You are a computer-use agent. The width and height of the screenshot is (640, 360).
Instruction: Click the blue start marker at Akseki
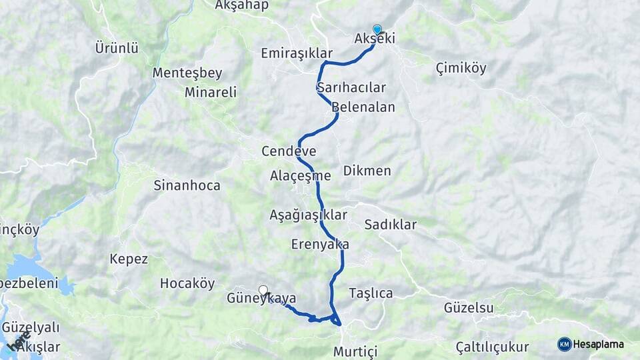pyautogui.click(x=377, y=29)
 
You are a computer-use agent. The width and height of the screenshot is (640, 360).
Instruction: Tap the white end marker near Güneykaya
pyautogui.click(x=263, y=290)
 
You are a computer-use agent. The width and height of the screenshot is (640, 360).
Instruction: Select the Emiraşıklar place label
pyautogui.click(x=297, y=53)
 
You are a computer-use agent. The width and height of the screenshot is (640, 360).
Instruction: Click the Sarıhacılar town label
pyautogui.click(x=351, y=88)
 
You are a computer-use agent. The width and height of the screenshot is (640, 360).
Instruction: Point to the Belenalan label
pyautogui.click(x=363, y=107)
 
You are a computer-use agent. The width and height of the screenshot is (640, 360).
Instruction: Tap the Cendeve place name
pyautogui.click(x=289, y=151)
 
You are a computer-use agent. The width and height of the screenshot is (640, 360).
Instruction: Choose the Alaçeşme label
pyautogui.click(x=301, y=176)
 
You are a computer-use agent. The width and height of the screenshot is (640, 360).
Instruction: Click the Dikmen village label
pyautogui.click(x=367, y=171)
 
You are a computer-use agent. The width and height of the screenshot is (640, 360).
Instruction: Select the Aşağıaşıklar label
pyautogui.click(x=309, y=215)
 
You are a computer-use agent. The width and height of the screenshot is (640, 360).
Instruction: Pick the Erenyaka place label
pyautogui.click(x=320, y=245)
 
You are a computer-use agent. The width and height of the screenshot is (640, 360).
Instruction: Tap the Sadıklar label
pyautogui.click(x=390, y=225)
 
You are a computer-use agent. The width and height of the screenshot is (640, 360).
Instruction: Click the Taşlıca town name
pyautogui.click(x=371, y=293)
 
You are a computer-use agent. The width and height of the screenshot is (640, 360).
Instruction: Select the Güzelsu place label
pyautogui.click(x=469, y=307)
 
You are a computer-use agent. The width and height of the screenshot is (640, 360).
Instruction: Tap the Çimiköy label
pyautogui.click(x=461, y=68)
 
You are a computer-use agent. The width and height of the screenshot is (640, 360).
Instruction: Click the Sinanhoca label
pyautogui.click(x=187, y=185)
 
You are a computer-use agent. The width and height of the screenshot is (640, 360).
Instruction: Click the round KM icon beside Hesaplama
pyautogui.click(x=565, y=344)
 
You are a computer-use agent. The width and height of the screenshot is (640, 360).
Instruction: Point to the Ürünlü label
pyautogui.click(x=117, y=48)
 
